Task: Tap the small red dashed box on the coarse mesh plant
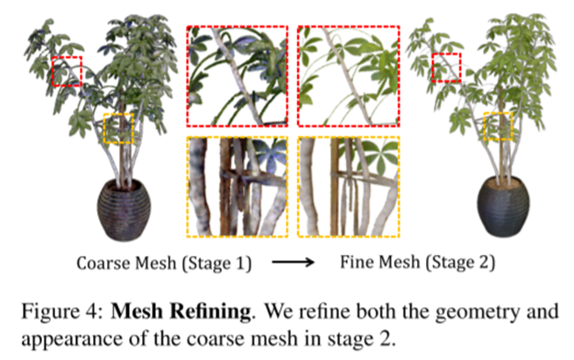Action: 67,71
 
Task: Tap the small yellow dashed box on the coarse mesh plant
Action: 118,128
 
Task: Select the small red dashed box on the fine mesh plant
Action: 447,67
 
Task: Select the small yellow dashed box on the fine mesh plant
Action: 500,125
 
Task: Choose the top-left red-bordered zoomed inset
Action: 236,76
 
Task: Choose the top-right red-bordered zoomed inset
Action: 348,76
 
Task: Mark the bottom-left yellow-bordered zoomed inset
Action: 236,187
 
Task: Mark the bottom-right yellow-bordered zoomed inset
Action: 348,187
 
